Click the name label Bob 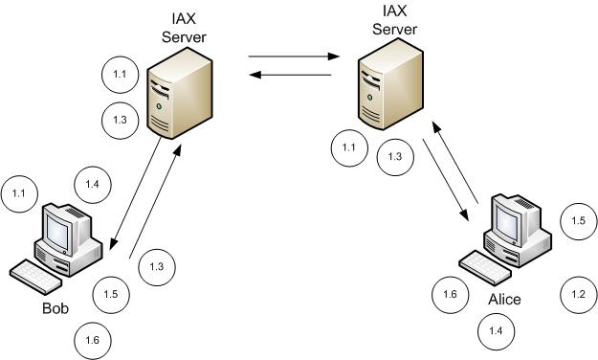point(55,307)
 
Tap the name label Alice point(504,300)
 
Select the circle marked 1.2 point(578,295)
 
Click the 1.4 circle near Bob point(92,185)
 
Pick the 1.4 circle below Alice point(496,331)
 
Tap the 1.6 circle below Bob point(93,341)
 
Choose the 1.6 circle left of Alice point(450,295)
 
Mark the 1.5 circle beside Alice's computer point(578,221)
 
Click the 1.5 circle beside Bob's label point(111,295)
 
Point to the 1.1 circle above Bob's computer point(19,194)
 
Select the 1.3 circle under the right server point(395,157)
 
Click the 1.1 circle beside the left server point(120,75)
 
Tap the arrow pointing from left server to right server point(294,56)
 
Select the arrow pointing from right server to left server point(290,75)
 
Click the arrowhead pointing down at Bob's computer point(113,244)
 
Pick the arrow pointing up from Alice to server point(454,162)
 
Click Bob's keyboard point(35,277)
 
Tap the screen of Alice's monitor point(508,220)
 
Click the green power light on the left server point(159,106)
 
